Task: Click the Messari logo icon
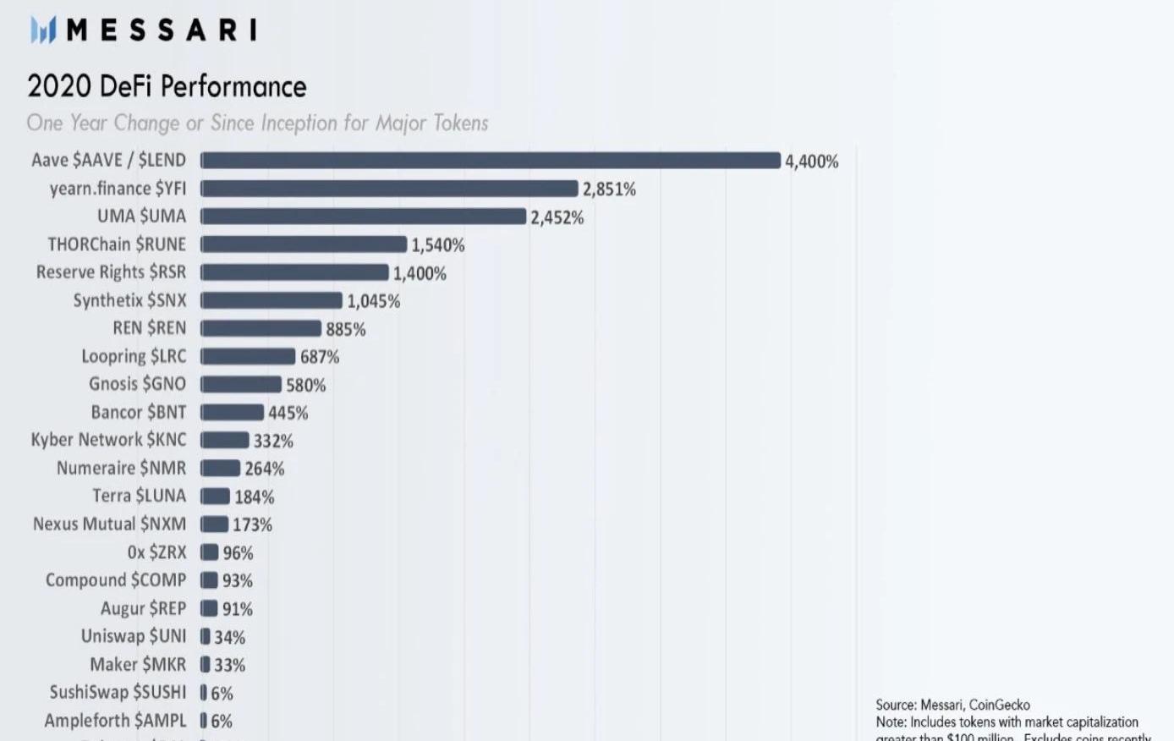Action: [x=43, y=30]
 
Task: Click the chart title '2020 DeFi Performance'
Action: [x=167, y=86]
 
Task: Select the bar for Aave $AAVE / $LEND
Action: [x=491, y=161]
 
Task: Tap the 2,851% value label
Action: [x=609, y=189]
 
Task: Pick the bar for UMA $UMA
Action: [x=364, y=217]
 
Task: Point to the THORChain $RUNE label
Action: [x=117, y=244]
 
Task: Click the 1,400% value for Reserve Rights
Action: [x=420, y=273]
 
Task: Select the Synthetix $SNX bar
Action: [x=272, y=300]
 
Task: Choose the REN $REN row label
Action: [x=150, y=328]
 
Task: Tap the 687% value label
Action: [x=320, y=357]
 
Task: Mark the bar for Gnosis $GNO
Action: [x=241, y=385]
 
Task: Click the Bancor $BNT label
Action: [x=139, y=412]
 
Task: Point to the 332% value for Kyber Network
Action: [x=273, y=441]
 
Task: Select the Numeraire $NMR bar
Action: [x=221, y=468]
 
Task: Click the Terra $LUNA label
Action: [x=140, y=496]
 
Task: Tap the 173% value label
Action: [x=253, y=524]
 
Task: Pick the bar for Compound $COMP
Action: [x=209, y=580]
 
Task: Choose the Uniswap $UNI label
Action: [x=134, y=636]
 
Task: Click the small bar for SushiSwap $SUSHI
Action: [x=204, y=693]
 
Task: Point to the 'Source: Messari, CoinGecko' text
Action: [x=952, y=705]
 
